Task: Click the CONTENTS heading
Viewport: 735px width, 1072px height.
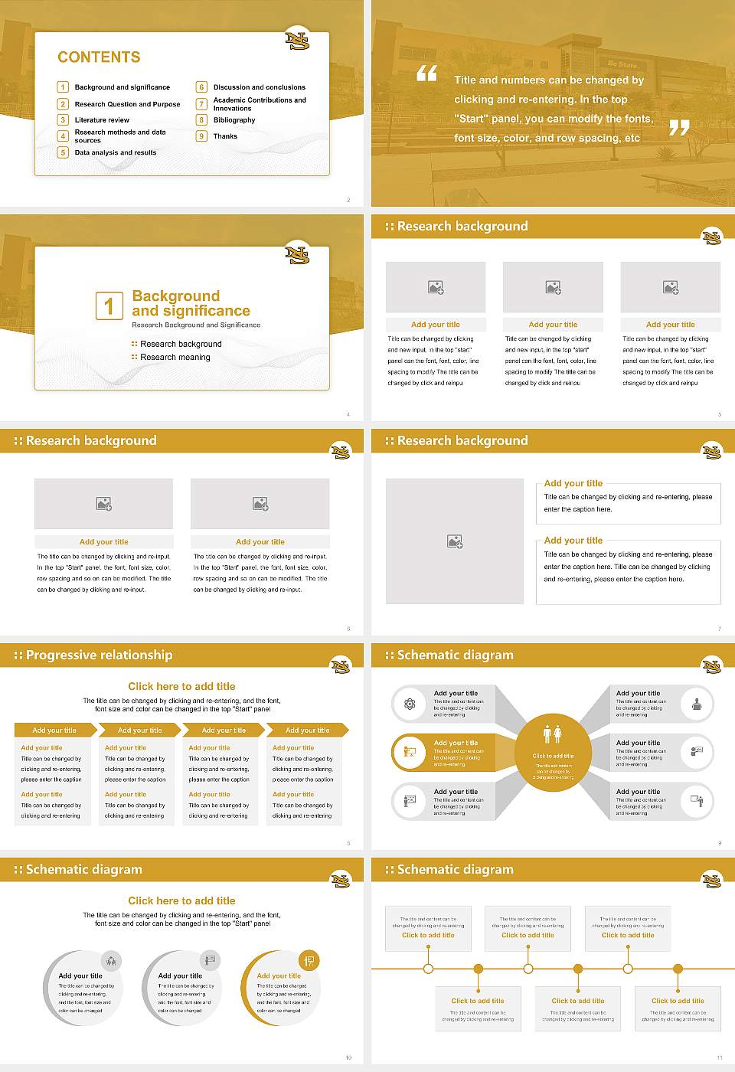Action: click(x=99, y=57)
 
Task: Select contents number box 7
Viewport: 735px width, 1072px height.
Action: click(x=202, y=104)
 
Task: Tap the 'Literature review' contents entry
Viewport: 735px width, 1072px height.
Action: click(x=102, y=120)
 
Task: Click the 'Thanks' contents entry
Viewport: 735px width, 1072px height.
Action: click(x=225, y=136)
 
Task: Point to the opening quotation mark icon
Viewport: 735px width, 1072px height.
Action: click(x=426, y=74)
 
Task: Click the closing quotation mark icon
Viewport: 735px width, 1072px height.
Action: click(x=679, y=128)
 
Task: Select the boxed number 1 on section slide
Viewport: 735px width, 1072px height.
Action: click(x=109, y=306)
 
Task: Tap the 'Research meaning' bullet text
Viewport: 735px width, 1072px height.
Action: click(x=175, y=358)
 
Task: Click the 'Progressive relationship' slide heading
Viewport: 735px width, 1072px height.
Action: click(x=99, y=655)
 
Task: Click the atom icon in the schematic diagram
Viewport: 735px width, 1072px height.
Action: click(x=410, y=704)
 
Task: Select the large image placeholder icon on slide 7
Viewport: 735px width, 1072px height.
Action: click(x=455, y=541)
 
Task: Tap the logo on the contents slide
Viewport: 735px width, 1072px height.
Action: click(x=297, y=40)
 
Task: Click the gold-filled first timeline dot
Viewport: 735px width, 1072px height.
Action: click(x=479, y=969)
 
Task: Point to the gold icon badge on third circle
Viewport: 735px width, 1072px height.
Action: click(x=309, y=960)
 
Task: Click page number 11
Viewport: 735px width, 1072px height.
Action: click(x=719, y=1057)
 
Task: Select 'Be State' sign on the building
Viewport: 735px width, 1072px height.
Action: click(x=622, y=64)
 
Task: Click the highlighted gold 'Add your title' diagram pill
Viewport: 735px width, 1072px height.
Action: click(x=444, y=753)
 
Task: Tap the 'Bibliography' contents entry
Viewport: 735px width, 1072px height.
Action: click(x=234, y=120)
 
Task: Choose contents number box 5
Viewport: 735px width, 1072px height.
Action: click(x=64, y=152)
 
